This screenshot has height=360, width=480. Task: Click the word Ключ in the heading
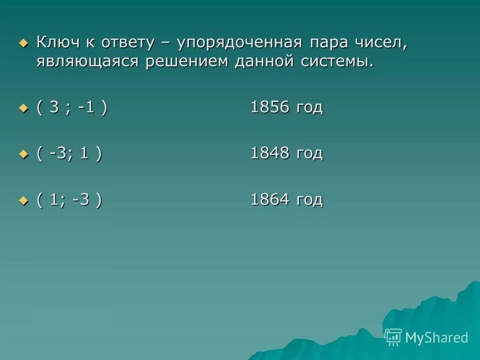[x=56, y=43]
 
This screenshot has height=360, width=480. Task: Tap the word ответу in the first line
[x=128, y=43]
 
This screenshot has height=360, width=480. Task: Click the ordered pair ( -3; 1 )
[x=69, y=154]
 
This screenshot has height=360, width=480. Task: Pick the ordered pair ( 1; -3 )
[x=69, y=200]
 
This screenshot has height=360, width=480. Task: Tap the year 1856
[x=269, y=108]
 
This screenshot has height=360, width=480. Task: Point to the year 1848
[x=269, y=154]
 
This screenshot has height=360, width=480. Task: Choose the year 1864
[x=269, y=200]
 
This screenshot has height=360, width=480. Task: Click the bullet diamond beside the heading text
[x=23, y=43]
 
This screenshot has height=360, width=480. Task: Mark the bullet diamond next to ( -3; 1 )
[x=23, y=154]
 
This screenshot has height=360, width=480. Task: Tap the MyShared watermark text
[x=436, y=337]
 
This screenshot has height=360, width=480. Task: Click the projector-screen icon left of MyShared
[x=393, y=337]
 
